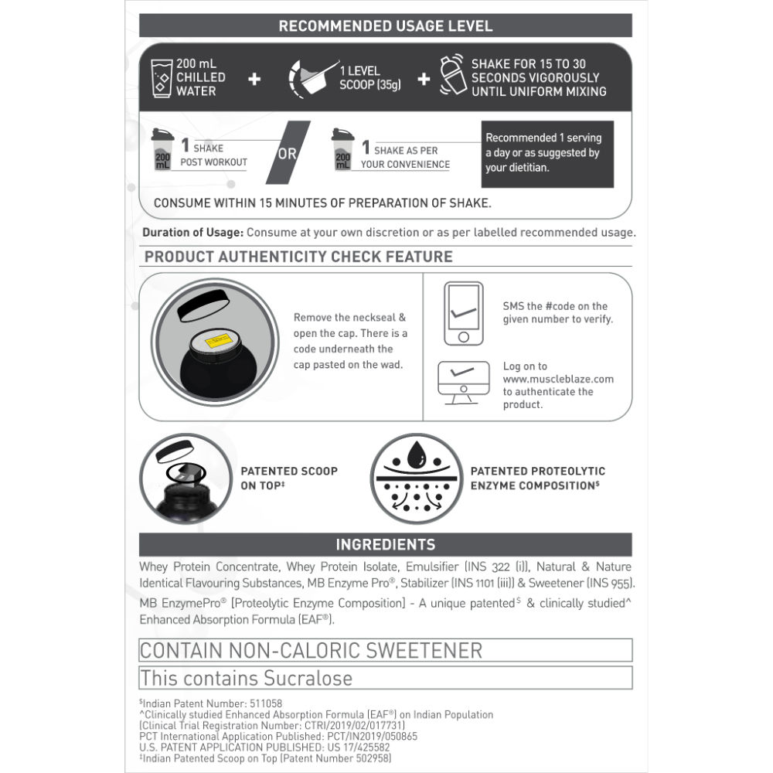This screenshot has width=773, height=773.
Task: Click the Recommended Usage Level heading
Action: [x=385, y=26]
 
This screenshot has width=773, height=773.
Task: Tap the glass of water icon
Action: [x=162, y=77]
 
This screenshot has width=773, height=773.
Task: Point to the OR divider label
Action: [x=288, y=153]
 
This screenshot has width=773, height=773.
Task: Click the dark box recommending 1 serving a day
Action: [x=547, y=153]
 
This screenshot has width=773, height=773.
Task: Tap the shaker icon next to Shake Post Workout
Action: [x=162, y=150]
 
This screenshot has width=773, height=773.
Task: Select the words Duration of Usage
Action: [x=192, y=233]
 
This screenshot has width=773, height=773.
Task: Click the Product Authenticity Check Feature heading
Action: [x=298, y=257]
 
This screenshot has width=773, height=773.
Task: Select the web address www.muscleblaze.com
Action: [x=558, y=379]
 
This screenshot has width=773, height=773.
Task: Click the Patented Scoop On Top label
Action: [x=289, y=478]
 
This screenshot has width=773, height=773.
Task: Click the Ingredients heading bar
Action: [x=385, y=544]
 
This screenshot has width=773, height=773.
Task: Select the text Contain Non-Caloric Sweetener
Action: [x=311, y=650]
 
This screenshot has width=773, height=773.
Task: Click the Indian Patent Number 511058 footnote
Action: [x=210, y=703]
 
